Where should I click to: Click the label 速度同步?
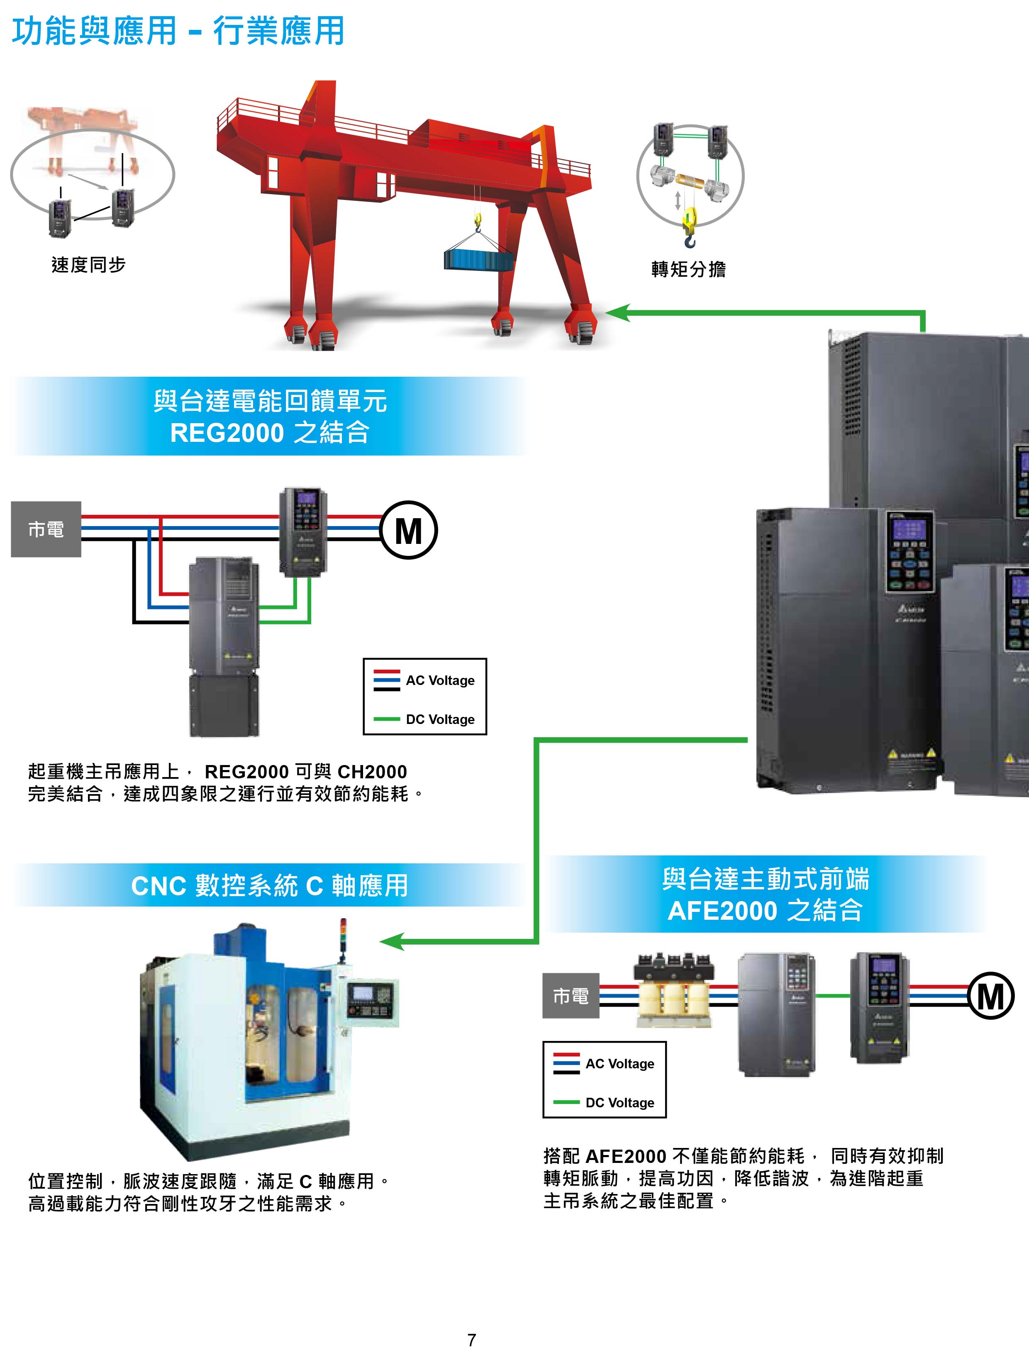coord(88,265)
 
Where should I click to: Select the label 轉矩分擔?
coord(688,269)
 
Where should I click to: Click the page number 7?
coord(472,1340)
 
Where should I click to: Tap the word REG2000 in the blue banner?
coord(227,432)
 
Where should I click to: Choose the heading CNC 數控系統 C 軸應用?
coord(270,886)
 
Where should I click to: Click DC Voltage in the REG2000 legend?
coord(440,719)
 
